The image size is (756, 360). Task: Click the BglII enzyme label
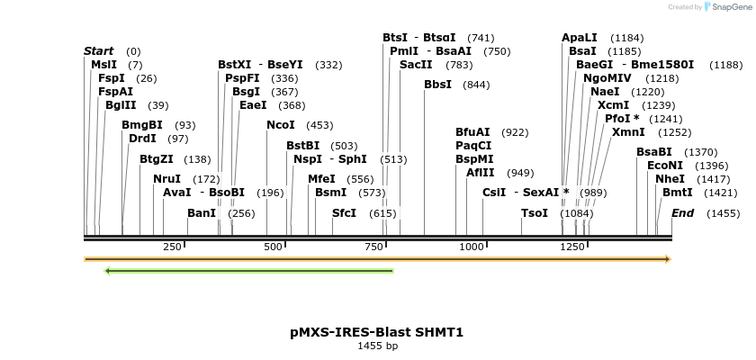click(x=121, y=105)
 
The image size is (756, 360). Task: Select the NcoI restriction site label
click(x=281, y=125)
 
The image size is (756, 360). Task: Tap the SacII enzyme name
click(x=416, y=65)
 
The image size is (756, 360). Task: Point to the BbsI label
click(x=438, y=85)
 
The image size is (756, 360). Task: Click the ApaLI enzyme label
click(x=580, y=38)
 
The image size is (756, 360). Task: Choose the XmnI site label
click(x=628, y=132)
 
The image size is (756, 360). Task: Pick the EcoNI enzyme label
click(x=665, y=166)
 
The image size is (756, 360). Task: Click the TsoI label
click(x=535, y=213)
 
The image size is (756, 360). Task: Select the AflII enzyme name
click(x=481, y=173)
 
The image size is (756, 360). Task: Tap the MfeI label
click(x=321, y=179)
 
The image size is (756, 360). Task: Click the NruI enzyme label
click(x=167, y=179)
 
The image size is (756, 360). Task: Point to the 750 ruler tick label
click(x=374, y=247)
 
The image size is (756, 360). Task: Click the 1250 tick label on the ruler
click(x=573, y=247)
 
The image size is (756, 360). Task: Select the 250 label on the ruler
click(x=173, y=247)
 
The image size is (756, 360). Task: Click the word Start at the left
click(x=99, y=51)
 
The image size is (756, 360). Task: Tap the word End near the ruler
click(x=683, y=213)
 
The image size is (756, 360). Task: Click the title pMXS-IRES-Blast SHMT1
click(x=377, y=332)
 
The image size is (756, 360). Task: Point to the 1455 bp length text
click(x=377, y=346)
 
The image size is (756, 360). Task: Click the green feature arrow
click(x=249, y=270)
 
